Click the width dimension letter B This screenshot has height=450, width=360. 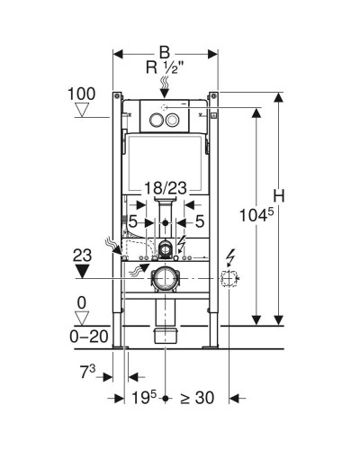165,52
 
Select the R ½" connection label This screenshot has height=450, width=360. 165,67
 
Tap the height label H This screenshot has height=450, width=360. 279,196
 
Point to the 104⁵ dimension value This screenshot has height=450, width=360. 256,215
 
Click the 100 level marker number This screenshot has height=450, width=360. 82,94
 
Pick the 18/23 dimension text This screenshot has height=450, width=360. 166,188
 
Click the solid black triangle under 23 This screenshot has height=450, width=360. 82,271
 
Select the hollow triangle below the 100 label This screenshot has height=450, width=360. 82,110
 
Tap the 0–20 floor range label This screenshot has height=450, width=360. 89,337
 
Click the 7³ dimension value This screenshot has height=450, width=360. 87,373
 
